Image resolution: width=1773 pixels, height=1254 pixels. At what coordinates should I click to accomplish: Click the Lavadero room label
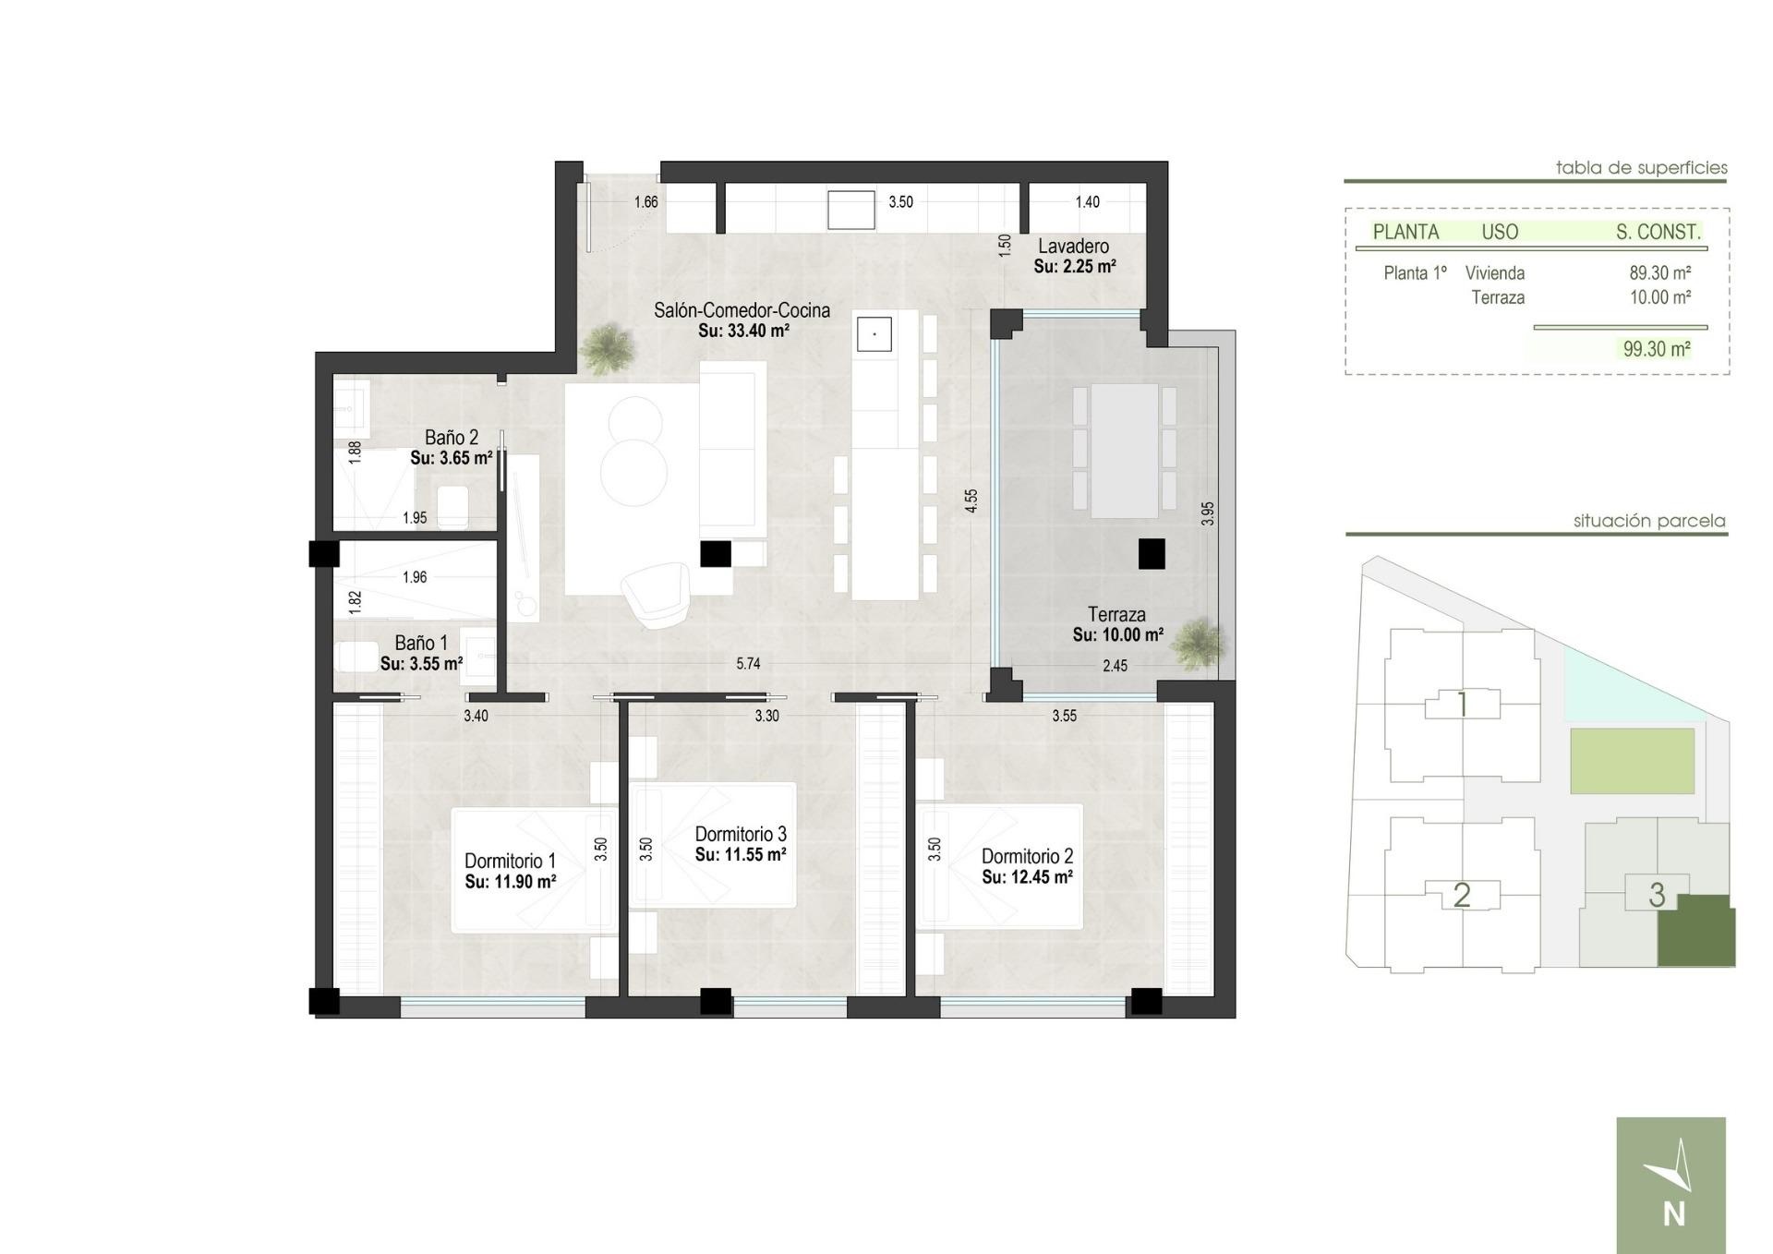[x=1073, y=247]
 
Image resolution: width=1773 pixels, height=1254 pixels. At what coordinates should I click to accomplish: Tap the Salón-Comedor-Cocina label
[x=742, y=310]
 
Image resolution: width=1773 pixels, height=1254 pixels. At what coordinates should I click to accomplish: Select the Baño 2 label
[x=451, y=438]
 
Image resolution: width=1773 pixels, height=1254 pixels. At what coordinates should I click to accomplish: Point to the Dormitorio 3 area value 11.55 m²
[x=741, y=855]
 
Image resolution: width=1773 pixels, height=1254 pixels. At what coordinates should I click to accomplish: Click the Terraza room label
[x=1116, y=614]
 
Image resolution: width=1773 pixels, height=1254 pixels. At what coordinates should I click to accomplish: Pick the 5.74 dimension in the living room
[x=748, y=663]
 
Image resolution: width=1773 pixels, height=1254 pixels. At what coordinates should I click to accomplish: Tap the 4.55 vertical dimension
[x=971, y=500]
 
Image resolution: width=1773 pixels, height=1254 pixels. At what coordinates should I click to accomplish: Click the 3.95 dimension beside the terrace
[x=1208, y=513]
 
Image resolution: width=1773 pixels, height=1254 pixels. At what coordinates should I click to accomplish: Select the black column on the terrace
[x=1152, y=554]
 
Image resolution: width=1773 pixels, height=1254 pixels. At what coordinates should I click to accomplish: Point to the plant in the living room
[x=608, y=348]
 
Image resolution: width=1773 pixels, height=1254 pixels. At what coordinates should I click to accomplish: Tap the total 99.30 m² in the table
[x=1657, y=349]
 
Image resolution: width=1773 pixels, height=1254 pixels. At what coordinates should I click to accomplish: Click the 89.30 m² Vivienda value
[x=1659, y=273]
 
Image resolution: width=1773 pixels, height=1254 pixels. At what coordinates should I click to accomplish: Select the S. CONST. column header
[x=1658, y=233]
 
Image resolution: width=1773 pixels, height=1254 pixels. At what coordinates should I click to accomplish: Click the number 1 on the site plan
[x=1462, y=705]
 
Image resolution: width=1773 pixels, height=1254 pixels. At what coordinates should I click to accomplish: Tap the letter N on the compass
[x=1673, y=1214]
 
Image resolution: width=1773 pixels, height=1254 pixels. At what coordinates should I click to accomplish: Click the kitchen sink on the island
[x=874, y=333]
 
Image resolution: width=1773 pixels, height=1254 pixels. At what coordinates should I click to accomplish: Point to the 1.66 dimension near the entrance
[x=645, y=202]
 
